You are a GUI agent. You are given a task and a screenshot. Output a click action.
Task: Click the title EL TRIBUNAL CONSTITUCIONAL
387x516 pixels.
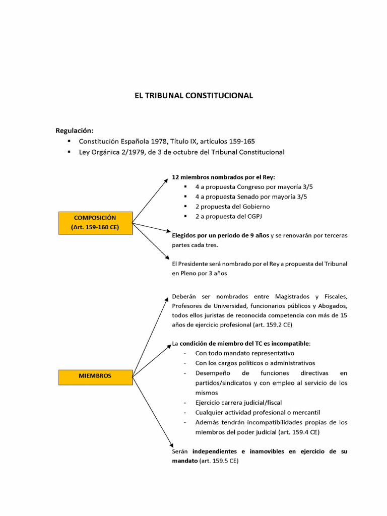click(x=193, y=95)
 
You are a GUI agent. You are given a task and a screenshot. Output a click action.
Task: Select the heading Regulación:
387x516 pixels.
click(x=74, y=131)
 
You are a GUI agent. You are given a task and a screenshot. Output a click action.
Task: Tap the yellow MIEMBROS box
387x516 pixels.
click(x=95, y=376)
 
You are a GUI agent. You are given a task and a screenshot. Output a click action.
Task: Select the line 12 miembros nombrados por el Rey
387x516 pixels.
click(x=224, y=177)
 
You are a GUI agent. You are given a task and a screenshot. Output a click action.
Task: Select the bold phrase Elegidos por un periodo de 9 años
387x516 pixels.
click(x=221, y=235)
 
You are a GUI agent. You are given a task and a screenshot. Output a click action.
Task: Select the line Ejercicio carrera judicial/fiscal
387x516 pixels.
click(x=238, y=402)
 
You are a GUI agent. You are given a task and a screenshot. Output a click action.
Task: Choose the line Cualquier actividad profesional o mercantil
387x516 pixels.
click(x=257, y=412)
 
